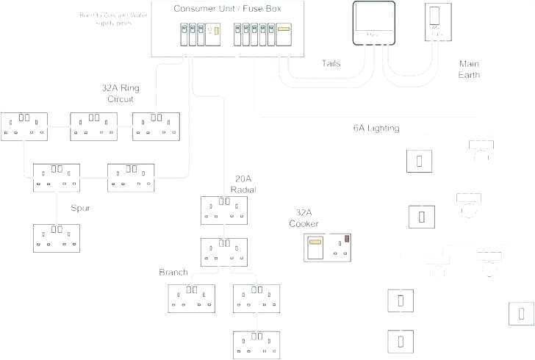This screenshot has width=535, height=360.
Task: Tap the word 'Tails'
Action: [x=331, y=63]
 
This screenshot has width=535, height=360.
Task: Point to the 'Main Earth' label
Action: [x=469, y=69]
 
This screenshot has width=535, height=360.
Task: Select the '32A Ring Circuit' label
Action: [x=121, y=93]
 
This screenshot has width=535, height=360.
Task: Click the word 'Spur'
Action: [x=81, y=208]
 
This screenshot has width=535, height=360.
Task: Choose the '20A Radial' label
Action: [x=244, y=184]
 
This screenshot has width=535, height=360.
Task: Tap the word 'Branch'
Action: [x=173, y=273]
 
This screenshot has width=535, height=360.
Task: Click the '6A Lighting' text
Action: [x=376, y=129]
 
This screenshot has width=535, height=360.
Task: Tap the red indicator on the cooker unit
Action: [x=346, y=239]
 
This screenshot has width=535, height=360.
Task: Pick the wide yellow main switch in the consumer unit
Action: [x=284, y=30]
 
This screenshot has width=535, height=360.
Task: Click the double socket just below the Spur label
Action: [x=57, y=237]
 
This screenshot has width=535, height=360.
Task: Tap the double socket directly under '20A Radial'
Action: [x=224, y=209]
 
